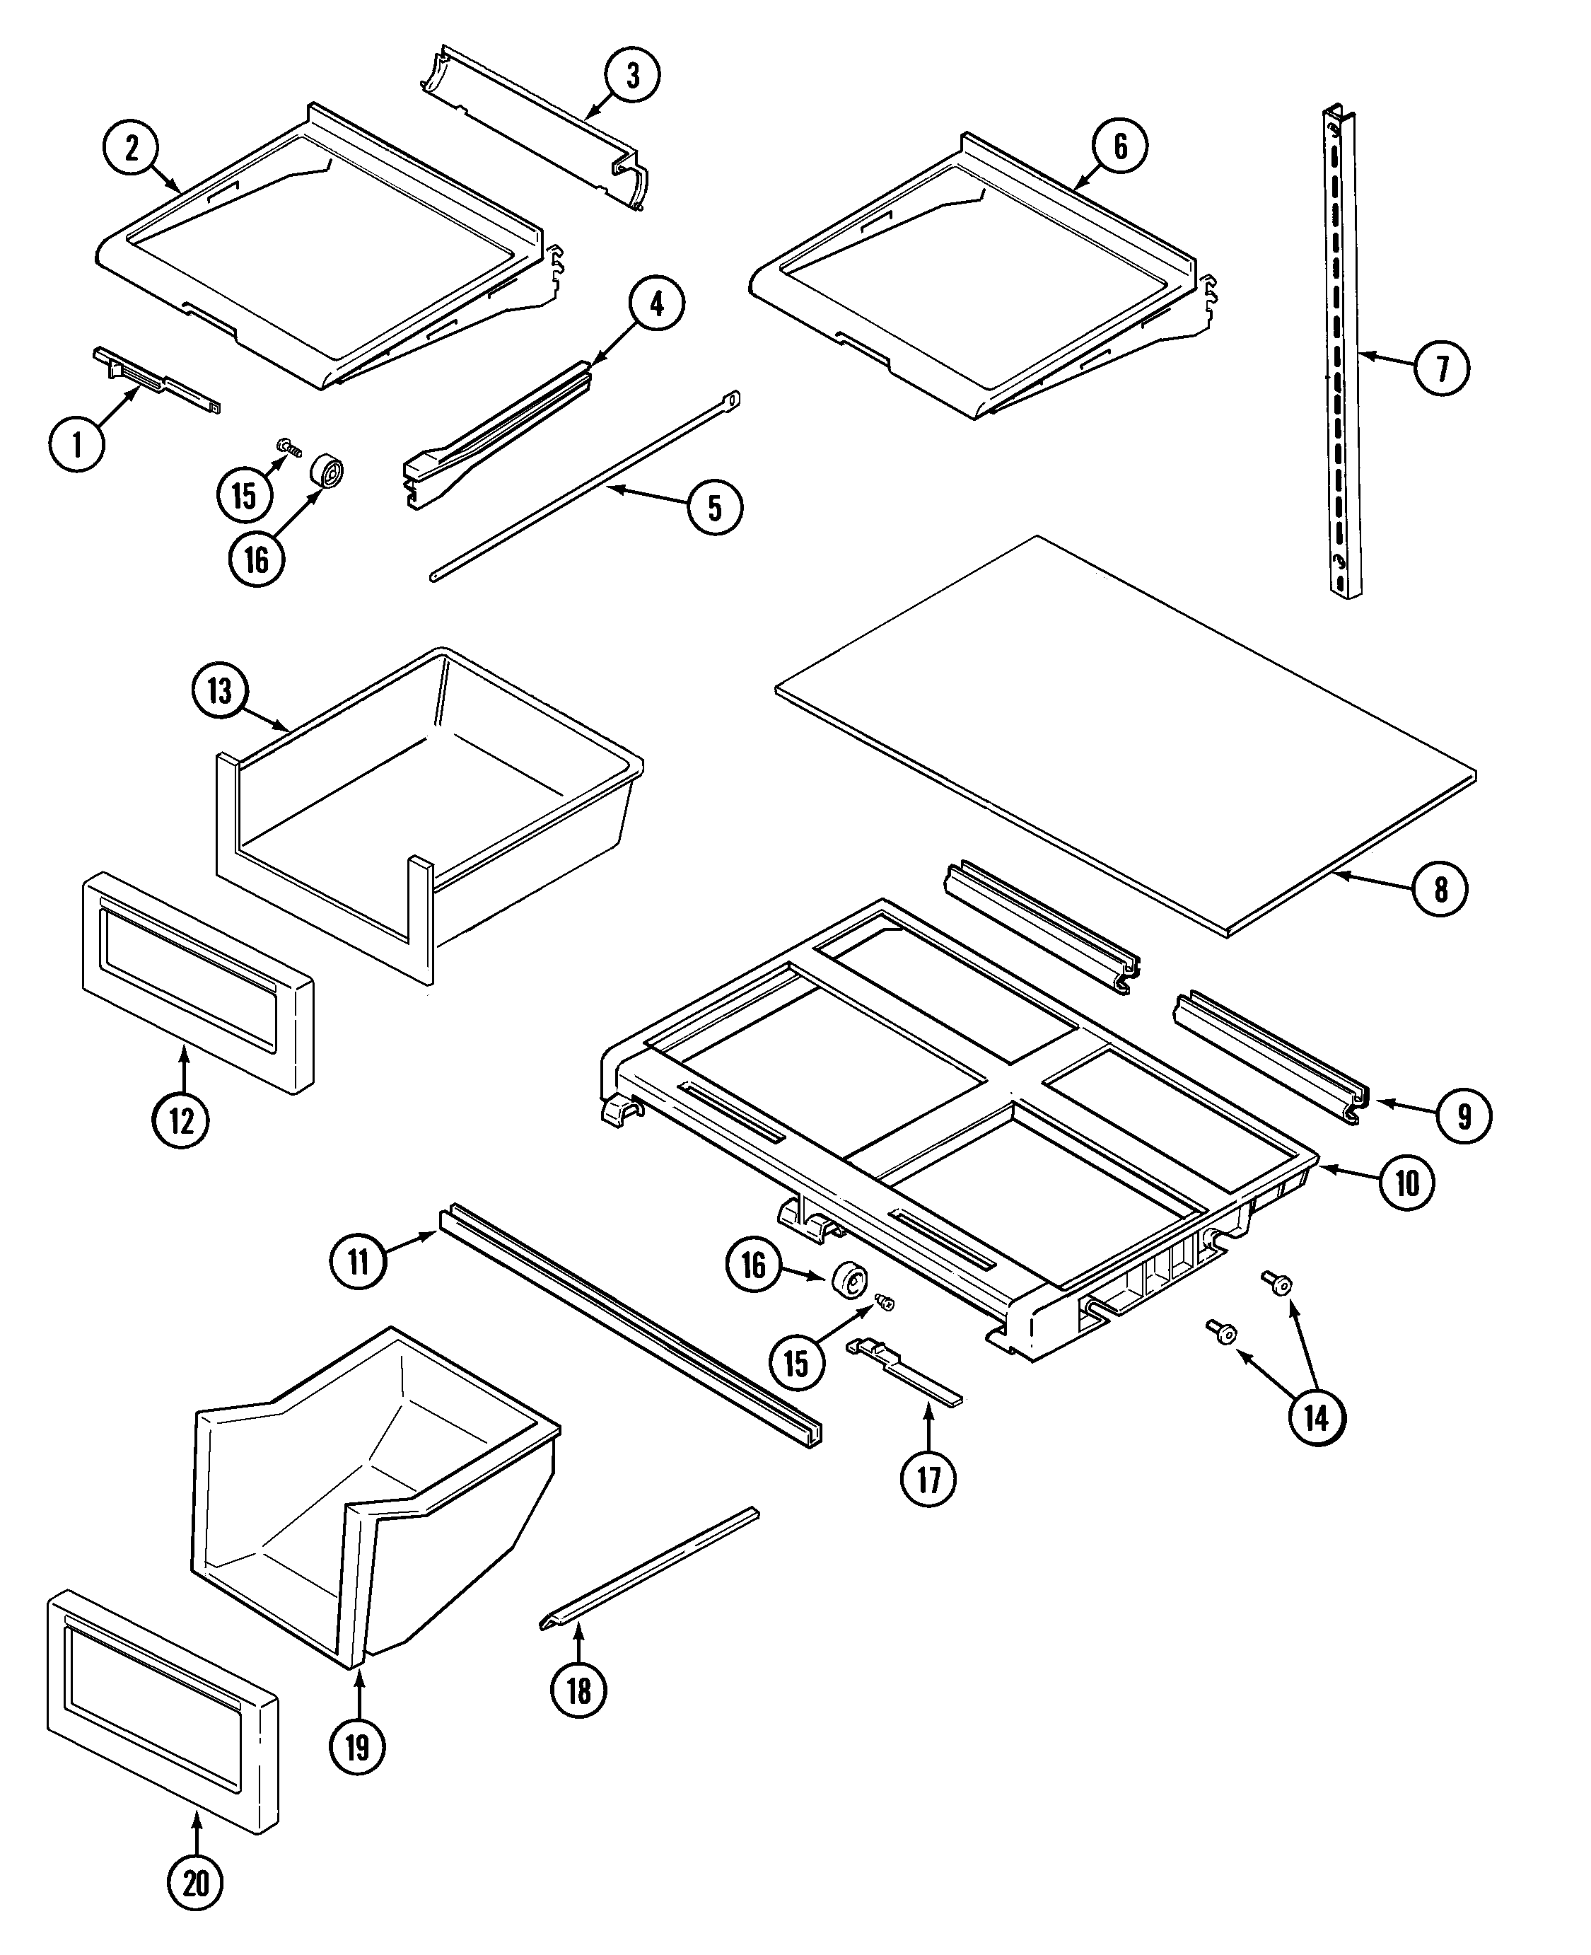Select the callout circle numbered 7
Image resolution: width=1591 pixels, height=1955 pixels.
pos(1442,369)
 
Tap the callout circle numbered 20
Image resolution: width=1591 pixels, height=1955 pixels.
pos(196,1884)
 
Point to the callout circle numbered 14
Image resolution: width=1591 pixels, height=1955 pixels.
pos(1317,1418)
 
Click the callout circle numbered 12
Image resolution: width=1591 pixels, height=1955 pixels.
pos(182,1120)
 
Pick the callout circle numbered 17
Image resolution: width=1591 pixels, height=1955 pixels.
pos(928,1478)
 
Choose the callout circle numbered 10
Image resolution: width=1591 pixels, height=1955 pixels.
pos(1406,1183)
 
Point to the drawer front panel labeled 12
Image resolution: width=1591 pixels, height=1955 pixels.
pos(197,982)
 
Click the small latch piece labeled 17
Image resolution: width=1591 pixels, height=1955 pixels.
pos(903,1371)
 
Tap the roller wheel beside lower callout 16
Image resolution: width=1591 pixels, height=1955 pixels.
pos(849,1280)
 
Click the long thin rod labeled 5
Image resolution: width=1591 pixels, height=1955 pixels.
pos(586,486)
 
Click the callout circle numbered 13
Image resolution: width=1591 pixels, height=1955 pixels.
pos(220,690)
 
